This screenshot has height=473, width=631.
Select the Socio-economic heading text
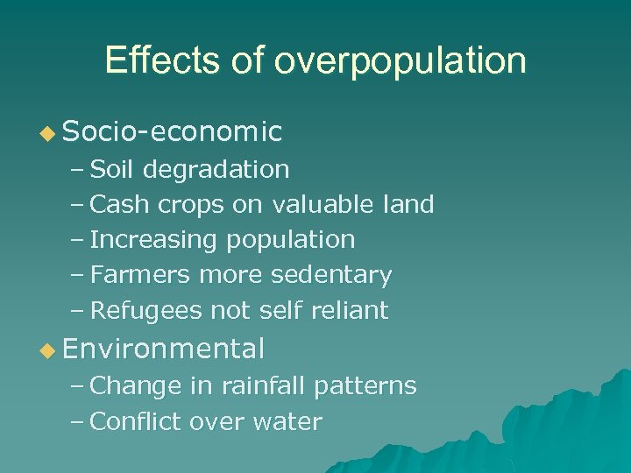173,131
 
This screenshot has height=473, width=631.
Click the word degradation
216,169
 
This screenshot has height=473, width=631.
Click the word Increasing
154,240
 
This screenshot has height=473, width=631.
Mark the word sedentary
331,276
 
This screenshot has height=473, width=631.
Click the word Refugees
145,311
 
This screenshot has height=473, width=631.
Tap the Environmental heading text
164,349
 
